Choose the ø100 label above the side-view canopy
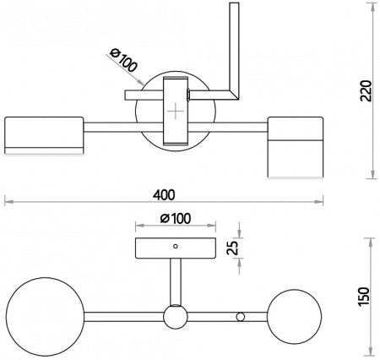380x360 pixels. pos(175,218)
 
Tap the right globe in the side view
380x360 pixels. pos(295,316)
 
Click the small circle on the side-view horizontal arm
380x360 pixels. pos(241,316)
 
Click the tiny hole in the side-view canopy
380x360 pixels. pos(176,245)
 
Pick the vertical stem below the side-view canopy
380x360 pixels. pos(176,282)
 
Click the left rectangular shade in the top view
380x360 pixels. pos(44,135)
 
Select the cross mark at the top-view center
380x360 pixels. pos(174,112)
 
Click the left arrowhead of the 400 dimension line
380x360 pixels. pos(8,202)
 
